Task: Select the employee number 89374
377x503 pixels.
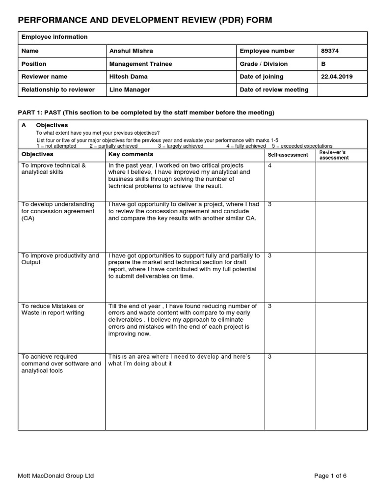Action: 329,51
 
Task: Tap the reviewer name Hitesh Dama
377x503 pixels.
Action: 128,77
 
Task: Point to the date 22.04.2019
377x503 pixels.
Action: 336,77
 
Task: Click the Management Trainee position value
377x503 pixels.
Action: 140,64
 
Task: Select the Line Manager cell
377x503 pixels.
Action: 130,89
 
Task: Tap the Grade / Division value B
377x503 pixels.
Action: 323,64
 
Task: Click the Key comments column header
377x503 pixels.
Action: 131,155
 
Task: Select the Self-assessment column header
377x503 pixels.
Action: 288,155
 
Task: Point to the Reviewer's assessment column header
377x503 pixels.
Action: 334,155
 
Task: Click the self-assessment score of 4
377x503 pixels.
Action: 270,166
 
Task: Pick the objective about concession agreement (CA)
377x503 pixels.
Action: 58,211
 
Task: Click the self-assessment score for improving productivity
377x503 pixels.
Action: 270,256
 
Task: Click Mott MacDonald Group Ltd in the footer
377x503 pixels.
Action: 55,475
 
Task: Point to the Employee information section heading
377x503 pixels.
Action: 54,37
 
